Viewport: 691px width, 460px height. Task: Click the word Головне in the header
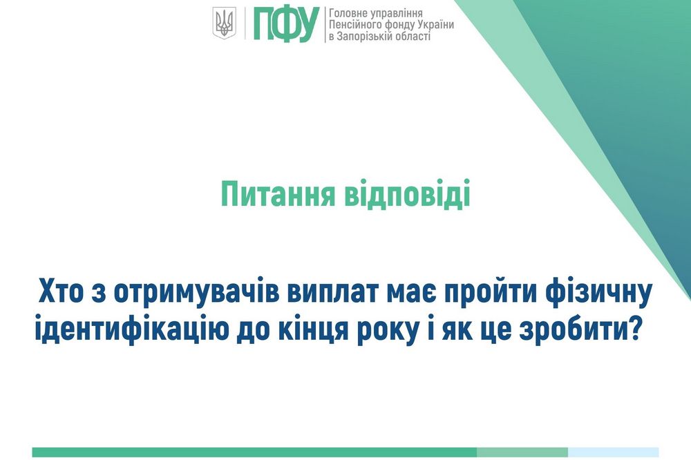pyautogui.click(x=352, y=12)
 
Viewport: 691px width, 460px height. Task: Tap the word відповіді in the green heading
pyautogui.click(x=406, y=194)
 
